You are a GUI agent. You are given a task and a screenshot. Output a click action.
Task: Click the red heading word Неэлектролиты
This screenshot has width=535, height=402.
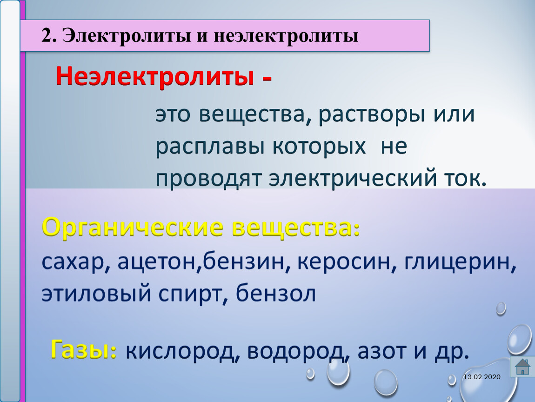[x=155, y=76]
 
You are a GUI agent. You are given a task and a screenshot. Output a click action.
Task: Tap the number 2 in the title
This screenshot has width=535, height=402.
[x=47, y=35]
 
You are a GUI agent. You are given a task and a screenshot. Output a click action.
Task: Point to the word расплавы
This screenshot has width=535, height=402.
[x=210, y=147]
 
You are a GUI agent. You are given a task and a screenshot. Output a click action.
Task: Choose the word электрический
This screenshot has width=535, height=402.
[x=353, y=178]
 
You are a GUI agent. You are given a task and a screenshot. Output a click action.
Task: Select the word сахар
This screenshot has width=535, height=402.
[x=73, y=262]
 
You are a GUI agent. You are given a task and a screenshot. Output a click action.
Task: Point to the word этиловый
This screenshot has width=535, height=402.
[x=96, y=294]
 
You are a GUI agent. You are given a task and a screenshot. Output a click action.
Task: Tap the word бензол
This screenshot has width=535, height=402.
[x=276, y=293]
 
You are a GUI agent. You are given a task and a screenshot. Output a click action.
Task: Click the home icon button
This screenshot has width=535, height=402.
[x=522, y=367]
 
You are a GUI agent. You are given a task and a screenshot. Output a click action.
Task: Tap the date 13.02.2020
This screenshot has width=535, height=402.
[x=482, y=377]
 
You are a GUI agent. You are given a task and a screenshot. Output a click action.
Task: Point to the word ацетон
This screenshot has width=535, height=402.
[x=157, y=262]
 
